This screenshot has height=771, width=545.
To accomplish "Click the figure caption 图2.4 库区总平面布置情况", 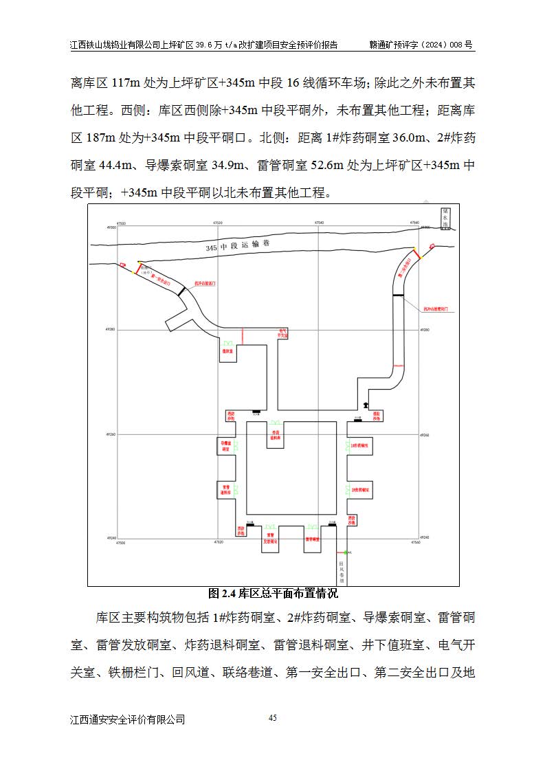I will tap(273, 593).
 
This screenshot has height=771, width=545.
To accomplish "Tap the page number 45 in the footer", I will tap(272, 718).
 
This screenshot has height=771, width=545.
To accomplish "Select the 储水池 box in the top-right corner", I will tap(446, 218).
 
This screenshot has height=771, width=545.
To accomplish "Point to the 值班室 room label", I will tap(227, 351).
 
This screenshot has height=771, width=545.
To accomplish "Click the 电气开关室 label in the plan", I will tap(282, 334).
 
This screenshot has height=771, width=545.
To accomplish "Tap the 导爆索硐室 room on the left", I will tap(227, 446).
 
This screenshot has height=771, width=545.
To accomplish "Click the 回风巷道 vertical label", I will tap(341, 572).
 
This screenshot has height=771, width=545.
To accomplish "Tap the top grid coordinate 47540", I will tap(319, 223).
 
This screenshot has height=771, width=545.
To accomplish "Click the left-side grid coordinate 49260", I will tap(111, 435).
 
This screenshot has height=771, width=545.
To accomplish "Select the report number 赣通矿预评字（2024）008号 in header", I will tap(421, 45).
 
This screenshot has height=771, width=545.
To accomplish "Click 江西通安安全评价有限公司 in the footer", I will tap(128, 719).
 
